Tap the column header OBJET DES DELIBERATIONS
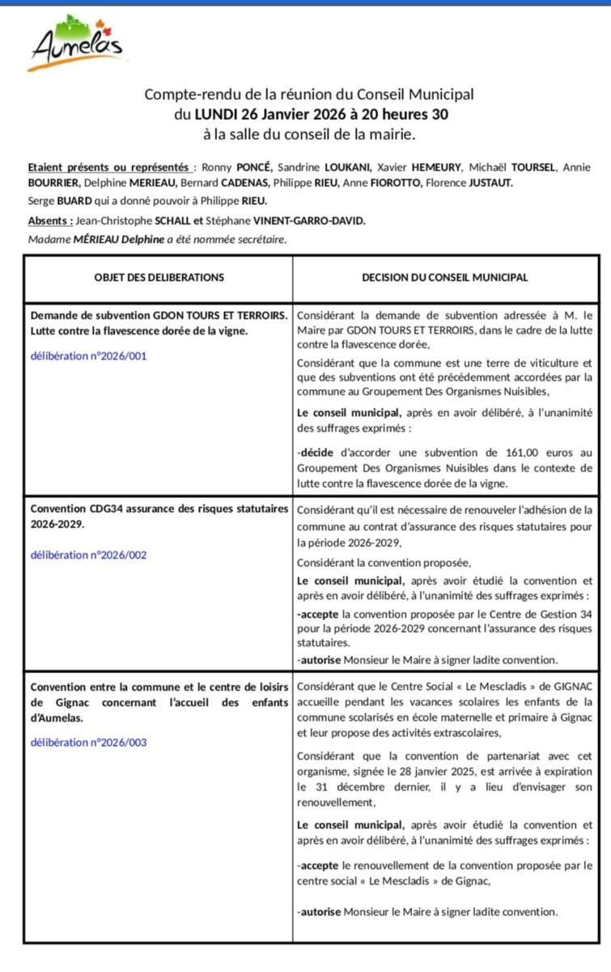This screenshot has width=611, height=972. (159, 277)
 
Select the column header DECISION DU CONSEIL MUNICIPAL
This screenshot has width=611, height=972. (445, 277)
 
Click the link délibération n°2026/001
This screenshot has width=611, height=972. (89, 355)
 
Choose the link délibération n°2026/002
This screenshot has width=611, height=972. (89, 555)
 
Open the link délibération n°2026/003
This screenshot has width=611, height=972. (89, 742)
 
